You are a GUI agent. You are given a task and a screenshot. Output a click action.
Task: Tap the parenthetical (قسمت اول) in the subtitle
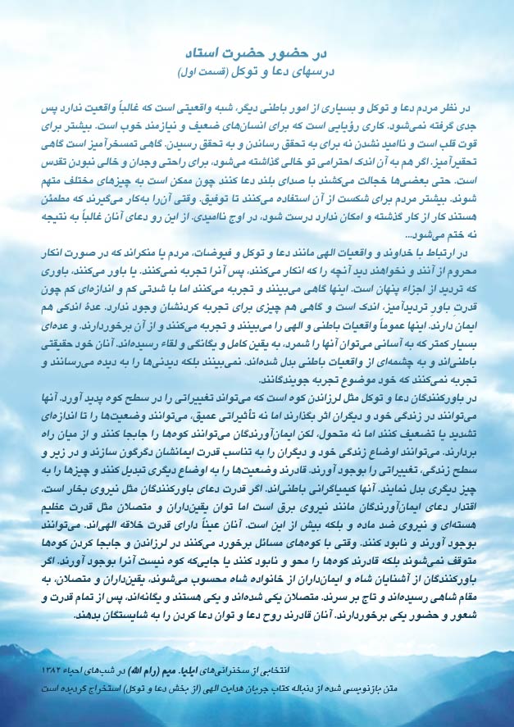tap(211, 73)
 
